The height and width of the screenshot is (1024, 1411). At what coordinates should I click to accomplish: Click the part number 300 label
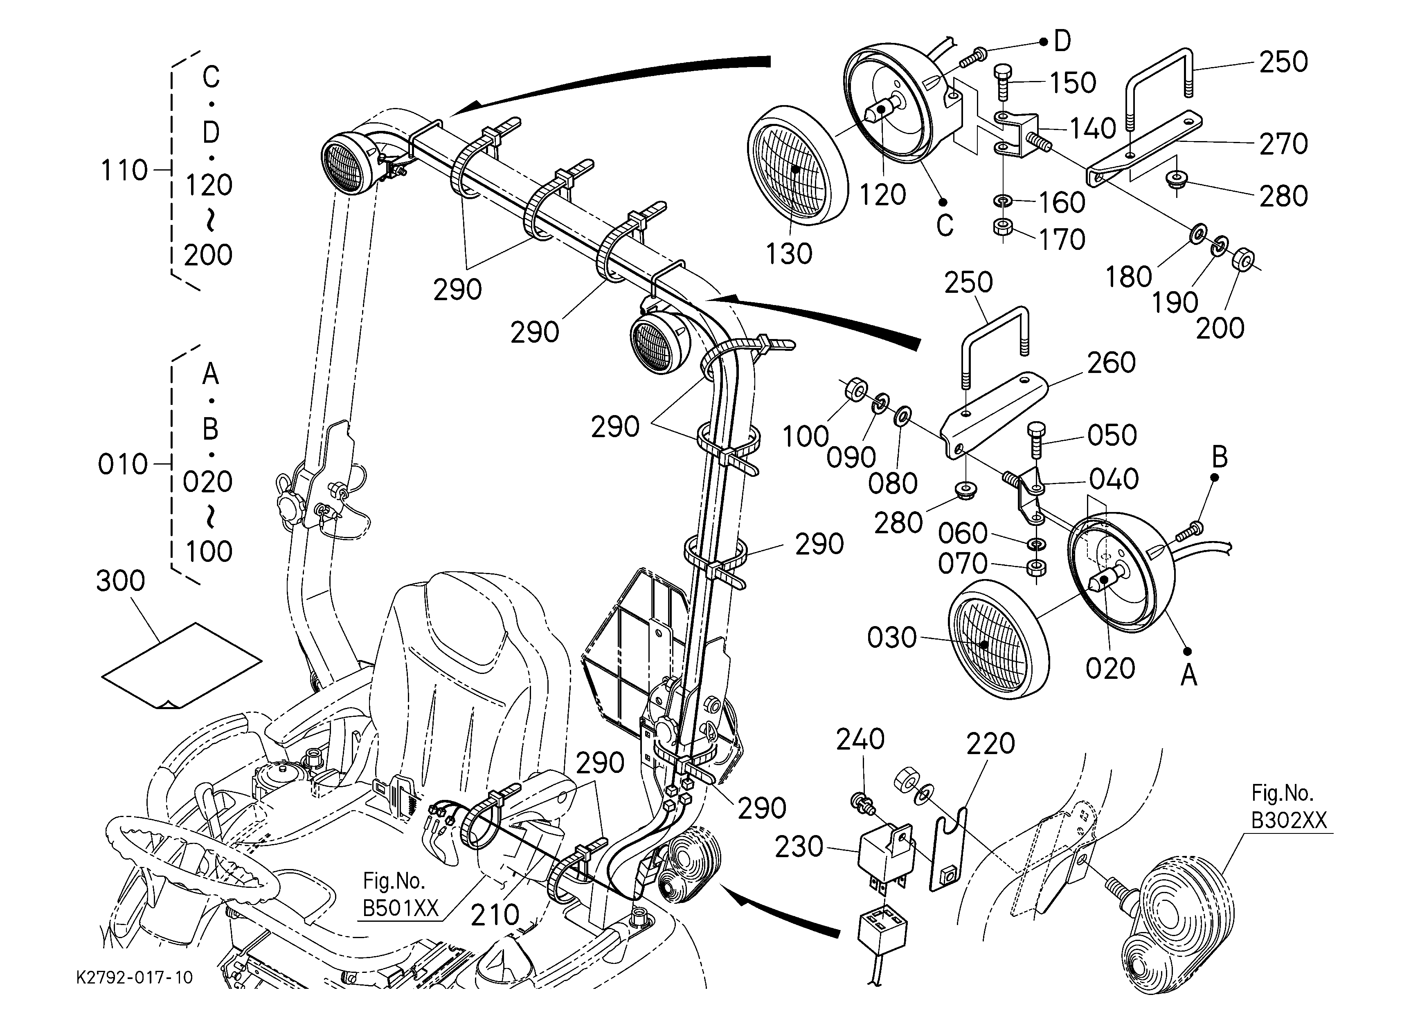[121, 581]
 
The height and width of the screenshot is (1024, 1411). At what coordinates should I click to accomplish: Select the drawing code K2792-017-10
[134, 978]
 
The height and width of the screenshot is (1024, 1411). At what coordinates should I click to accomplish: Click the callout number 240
[860, 739]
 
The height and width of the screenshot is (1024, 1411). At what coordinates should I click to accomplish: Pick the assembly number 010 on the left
[123, 465]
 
